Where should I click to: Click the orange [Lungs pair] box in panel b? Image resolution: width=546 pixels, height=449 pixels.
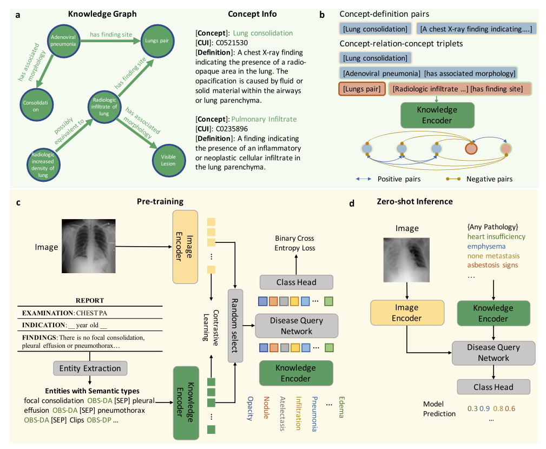pyautogui.click(x=360, y=88)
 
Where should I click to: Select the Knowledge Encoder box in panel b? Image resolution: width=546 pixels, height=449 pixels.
pyautogui.click(x=437, y=114)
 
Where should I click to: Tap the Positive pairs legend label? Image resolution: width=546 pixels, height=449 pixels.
pyautogui.click(x=399, y=179)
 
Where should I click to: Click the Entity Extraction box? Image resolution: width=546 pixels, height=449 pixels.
pyautogui.click(x=90, y=368)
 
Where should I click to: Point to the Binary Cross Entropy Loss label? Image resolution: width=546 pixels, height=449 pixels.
pyautogui.click(x=294, y=243)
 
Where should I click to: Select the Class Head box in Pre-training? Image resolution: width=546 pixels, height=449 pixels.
pyautogui.click(x=296, y=282)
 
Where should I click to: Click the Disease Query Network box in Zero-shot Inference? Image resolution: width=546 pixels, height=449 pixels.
pyautogui.click(x=493, y=352)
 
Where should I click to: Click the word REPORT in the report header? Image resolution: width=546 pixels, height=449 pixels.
pyautogui.click(x=90, y=300)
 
